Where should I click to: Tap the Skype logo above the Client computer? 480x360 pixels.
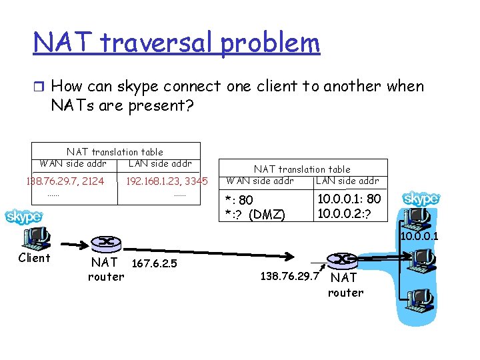[x=24, y=217]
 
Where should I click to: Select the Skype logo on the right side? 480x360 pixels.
[x=421, y=199]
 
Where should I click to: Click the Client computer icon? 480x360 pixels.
[x=36, y=237]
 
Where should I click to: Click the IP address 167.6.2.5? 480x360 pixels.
[x=155, y=263]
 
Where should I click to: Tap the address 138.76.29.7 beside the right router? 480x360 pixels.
[x=288, y=275]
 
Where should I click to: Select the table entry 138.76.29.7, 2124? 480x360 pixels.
[x=65, y=181]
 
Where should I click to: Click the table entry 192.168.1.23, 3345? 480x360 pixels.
[x=167, y=181]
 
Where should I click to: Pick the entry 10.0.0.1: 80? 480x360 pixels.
[x=349, y=199]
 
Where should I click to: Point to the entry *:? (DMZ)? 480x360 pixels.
[x=255, y=214]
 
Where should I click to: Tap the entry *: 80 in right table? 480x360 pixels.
[x=239, y=199]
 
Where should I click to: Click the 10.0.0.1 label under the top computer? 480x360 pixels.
[x=420, y=236]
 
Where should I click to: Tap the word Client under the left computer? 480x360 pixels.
[x=34, y=258]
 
